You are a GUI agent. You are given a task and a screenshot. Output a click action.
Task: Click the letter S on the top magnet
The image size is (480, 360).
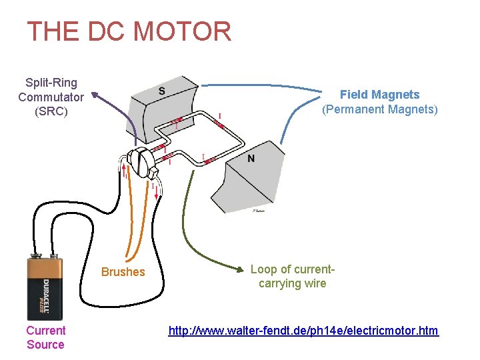click(162, 91)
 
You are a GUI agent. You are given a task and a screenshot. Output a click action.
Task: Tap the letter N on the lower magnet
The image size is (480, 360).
click(251, 158)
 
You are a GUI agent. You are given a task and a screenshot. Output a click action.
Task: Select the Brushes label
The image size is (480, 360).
click(123, 272)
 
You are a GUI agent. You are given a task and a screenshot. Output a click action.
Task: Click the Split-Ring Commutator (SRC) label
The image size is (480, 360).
click(51, 97)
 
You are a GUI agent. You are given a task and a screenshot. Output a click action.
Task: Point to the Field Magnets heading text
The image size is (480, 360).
click(380, 95)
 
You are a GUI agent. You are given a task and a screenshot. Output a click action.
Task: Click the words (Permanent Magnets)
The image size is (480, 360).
click(380, 109)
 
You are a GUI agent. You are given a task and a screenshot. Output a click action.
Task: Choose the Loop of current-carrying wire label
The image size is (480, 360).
click(292, 277)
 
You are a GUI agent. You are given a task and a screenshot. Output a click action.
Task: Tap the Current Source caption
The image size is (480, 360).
click(45, 337)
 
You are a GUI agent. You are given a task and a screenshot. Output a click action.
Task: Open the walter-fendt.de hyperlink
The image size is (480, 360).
click(303, 331)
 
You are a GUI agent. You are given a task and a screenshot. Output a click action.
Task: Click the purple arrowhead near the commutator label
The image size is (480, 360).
click(95, 95)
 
